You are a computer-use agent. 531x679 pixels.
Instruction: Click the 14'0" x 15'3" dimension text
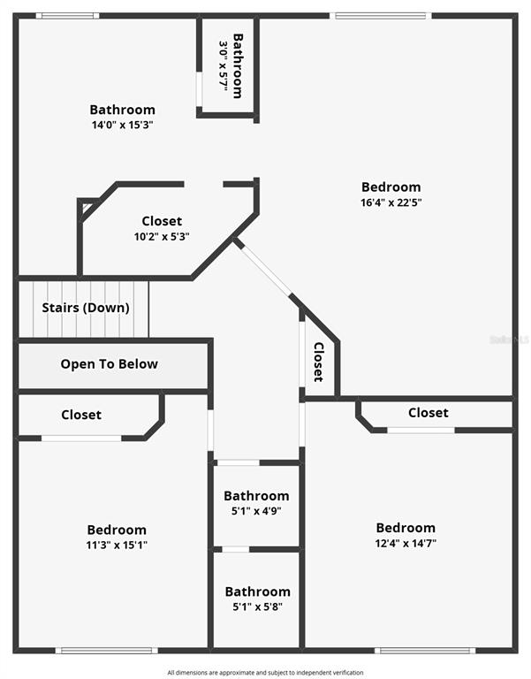tap(122, 126)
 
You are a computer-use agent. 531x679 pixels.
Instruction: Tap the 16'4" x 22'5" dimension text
tap(391, 202)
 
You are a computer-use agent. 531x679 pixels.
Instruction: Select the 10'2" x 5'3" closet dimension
tap(162, 236)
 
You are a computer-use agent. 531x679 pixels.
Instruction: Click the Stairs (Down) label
tap(86, 308)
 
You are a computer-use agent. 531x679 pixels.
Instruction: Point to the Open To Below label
tap(110, 364)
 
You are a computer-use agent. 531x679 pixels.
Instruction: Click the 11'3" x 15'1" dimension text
tap(117, 545)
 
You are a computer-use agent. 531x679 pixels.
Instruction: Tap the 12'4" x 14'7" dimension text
tap(406, 543)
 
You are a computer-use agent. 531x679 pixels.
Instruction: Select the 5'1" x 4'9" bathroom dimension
tap(256, 511)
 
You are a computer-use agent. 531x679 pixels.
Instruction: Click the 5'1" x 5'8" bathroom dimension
tap(257, 607)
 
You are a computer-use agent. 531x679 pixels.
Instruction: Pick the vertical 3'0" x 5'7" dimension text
tap(224, 67)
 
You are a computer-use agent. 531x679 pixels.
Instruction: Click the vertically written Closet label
tap(319, 362)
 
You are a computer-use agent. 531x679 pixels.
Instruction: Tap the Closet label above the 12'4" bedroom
tap(428, 413)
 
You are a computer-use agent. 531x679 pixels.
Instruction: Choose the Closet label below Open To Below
tap(81, 415)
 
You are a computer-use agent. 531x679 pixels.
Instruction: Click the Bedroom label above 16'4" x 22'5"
tap(391, 187)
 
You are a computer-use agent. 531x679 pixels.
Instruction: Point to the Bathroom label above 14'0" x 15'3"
tap(122, 111)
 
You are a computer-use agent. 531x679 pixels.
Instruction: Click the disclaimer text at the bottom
tap(265, 673)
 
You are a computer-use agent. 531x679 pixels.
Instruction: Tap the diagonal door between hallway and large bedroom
tap(265, 270)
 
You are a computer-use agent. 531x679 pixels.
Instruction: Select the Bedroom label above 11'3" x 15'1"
tap(117, 530)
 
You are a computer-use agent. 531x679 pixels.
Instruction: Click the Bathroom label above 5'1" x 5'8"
tap(257, 591)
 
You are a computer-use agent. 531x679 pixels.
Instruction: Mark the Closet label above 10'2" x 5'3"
tap(162, 221)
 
